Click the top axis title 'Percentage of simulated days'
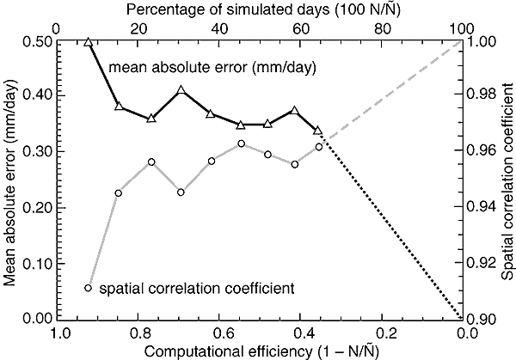[261, 9]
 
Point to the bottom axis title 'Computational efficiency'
[262, 350]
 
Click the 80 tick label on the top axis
[384, 27]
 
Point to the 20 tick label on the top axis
[138, 27]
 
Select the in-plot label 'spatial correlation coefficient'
[197, 288]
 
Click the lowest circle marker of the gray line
[88, 288]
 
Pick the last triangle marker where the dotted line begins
[318, 131]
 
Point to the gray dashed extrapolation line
[396, 85]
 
